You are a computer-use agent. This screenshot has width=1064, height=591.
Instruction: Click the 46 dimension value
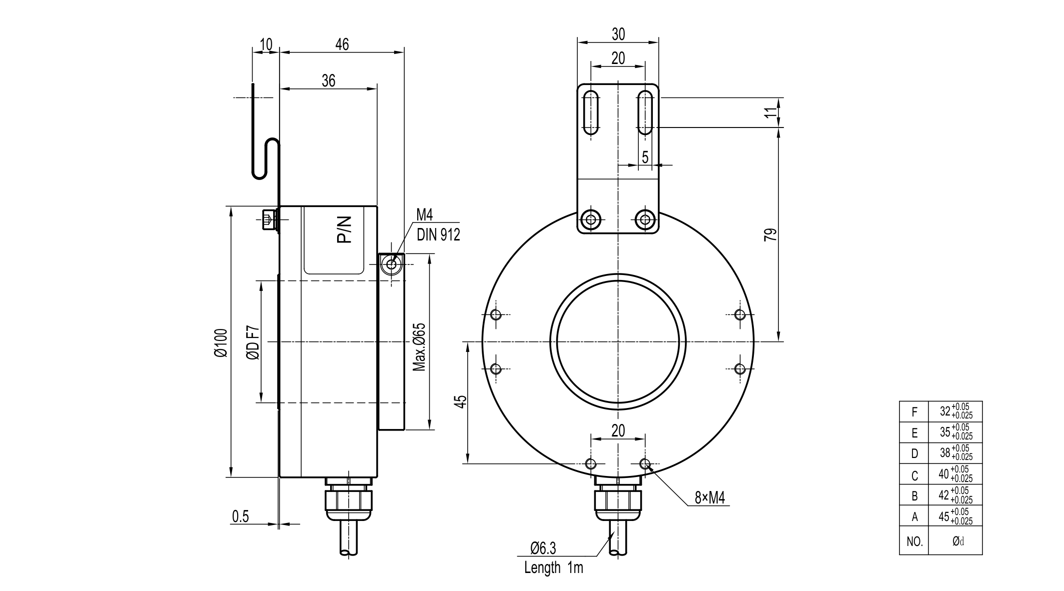[x=342, y=44]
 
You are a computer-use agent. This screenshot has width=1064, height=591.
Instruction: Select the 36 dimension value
[x=328, y=80]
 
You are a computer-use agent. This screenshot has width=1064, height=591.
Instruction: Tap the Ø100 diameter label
[x=221, y=342]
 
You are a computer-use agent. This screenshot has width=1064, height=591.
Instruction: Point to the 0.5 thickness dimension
[x=240, y=516]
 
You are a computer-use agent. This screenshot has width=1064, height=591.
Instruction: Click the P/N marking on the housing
[x=345, y=229]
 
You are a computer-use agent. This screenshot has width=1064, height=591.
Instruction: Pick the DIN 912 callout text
[x=438, y=234]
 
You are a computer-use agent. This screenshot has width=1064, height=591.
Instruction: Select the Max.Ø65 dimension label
[x=419, y=346]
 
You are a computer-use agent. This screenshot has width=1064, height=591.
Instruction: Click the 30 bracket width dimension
[x=618, y=34]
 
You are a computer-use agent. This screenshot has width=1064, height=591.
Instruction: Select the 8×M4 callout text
[x=709, y=497]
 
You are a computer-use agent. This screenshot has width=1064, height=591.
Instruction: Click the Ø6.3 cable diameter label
[x=543, y=548]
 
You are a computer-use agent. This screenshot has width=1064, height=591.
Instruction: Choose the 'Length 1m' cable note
[x=553, y=567]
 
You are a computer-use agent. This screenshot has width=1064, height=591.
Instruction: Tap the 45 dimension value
[x=461, y=401]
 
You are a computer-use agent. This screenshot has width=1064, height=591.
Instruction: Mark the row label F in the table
[x=914, y=412]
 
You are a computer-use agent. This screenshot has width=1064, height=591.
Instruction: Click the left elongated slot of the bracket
[x=591, y=113]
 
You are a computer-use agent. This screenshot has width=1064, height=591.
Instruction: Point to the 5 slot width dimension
[x=645, y=157]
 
